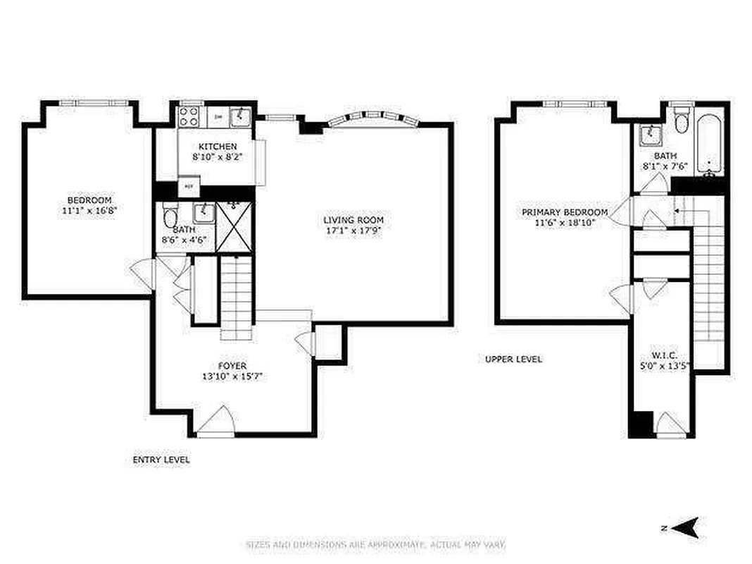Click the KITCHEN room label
tap(212, 146)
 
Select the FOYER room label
tap(232, 365)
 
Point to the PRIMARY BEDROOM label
tap(565, 212)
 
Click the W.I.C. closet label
tap(664, 356)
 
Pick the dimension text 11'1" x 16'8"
tap(89, 210)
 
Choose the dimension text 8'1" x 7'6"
tap(665, 166)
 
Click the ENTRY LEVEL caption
tap(161, 460)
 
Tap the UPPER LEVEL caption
tap(514, 359)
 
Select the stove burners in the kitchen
tap(190, 116)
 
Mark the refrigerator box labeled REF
tap(188, 186)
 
